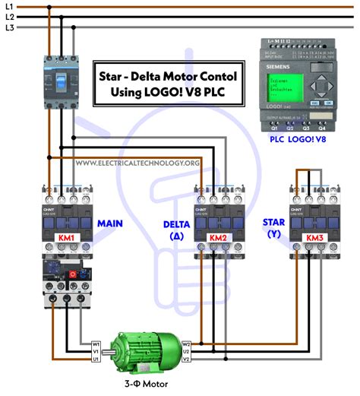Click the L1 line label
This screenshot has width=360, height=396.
(x=8, y=7)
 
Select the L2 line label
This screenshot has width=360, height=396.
(x=8, y=17)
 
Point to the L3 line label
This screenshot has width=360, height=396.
(x=8, y=27)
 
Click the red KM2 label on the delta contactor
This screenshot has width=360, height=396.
(x=218, y=238)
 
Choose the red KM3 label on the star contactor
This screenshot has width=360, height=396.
(x=314, y=238)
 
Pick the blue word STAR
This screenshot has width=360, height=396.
(x=273, y=222)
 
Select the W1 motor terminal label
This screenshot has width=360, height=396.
(x=96, y=344)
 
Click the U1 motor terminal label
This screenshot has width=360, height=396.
(x=96, y=360)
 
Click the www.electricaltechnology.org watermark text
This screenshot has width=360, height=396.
(x=137, y=163)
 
